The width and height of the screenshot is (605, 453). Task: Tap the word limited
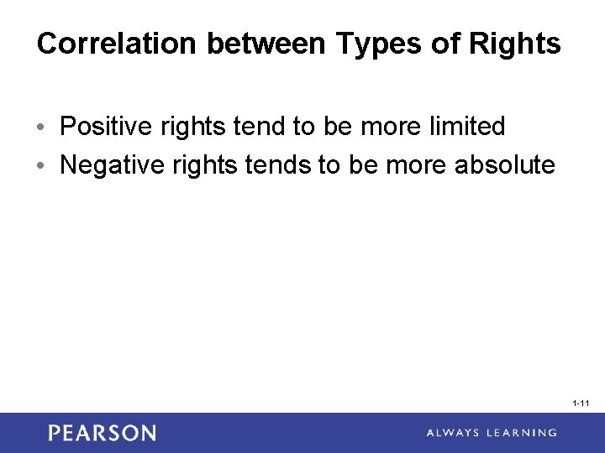click(x=467, y=127)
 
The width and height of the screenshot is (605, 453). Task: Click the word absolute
click(x=504, y=165)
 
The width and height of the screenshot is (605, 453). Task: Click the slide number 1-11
click(x=581, y=404)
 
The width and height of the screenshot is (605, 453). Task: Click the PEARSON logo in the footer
click(x=103, y=433)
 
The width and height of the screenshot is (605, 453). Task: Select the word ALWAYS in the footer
click(x=455, y=433)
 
